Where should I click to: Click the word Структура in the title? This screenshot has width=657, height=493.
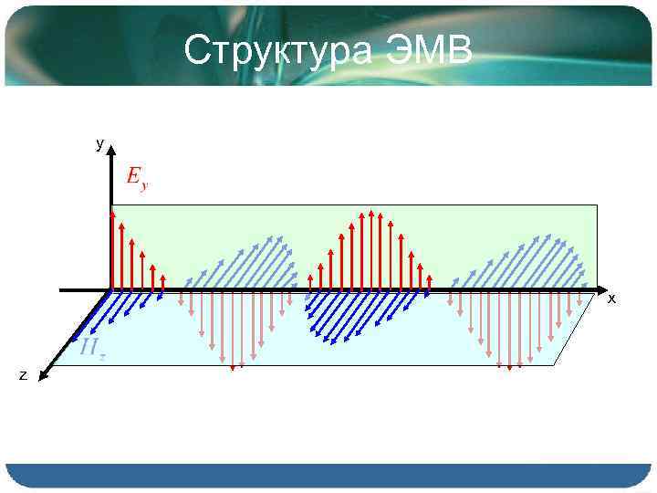tap(277, 52)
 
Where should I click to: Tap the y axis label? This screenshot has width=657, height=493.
tap(99, 144)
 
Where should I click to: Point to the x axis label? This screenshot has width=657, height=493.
tap(611, 299)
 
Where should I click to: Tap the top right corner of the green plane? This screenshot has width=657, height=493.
tap(596, 205)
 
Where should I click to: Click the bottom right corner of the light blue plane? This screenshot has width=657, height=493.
tap(555, 365)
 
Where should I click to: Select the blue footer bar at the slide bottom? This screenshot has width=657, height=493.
tap(328, 475)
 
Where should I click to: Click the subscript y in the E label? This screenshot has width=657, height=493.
tap(144, 186)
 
